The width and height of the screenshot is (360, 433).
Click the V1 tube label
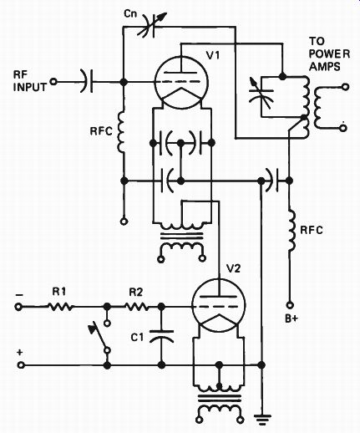(213, 55)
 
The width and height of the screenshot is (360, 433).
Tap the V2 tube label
(234, 269)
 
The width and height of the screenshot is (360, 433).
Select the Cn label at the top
(130, 14)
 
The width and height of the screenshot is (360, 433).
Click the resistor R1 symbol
(60, 307)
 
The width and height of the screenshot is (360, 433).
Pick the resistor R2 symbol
(137, 307)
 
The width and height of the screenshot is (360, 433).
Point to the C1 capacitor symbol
(161, 336)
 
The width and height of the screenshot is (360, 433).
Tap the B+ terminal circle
(290, 305)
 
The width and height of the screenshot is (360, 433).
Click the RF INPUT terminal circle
(53, 82)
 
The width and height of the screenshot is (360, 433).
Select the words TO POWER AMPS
(329, 54)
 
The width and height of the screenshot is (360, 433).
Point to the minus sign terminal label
(20, 295)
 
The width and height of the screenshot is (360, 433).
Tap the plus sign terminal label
(19, 353)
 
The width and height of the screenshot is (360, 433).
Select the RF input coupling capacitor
(87, 82)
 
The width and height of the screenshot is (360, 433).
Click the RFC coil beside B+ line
(292, 229)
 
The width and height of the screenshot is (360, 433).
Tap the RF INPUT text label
(30, 81)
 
